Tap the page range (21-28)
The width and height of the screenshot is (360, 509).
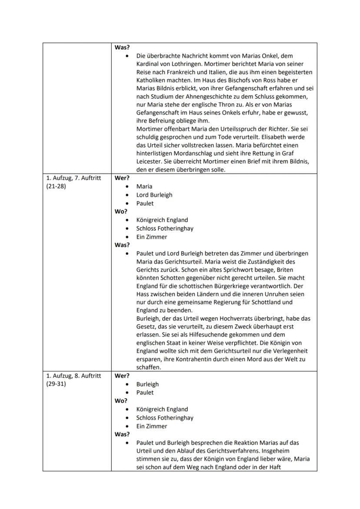[x=56, y=186]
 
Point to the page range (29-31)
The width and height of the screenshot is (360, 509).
[x=56, y=384]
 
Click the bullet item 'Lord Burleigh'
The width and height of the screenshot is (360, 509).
[x=154, y=195]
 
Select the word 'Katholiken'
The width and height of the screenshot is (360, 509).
[x=152, y=80]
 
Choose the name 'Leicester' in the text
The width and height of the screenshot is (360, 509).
[x=149, y=162]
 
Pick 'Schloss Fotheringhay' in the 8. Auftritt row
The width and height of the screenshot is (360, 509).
[x=165, y=418]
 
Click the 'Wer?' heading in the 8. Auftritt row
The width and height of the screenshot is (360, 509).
[x=122, y=376]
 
